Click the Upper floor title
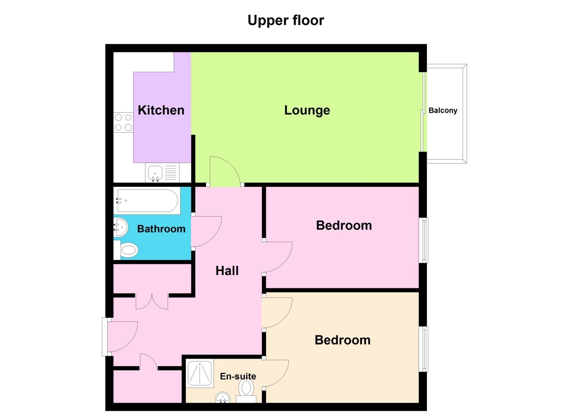[x=286, y=20]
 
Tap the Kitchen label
[x=161, y=110]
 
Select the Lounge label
[x=307, y=110]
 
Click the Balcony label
[x=443, y=110]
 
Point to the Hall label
[x=227, y=271]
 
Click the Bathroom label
[x=161, y=229]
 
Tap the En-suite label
[x=238, y=376]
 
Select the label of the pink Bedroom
[x=344, y=225]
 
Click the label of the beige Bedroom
[x=342, y=340]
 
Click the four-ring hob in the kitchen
[x=123, y=122]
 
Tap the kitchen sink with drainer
[x=162, y=173]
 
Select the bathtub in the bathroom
[x=148, y=201]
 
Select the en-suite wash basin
[x=223, y=397]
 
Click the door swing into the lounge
[x=224, y=171]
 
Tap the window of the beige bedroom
[x=424, y=349]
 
